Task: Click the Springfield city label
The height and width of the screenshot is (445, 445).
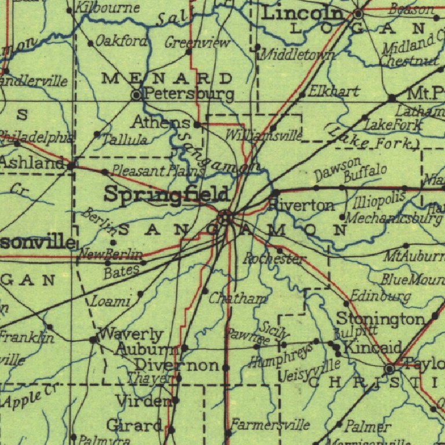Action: (x=166, y=195)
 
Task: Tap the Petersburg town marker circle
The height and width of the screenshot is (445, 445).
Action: (x=136, y=94)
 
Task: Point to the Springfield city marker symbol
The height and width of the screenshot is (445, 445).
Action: (x=226, y=217)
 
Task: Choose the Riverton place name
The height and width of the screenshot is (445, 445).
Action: (x=302, y=206)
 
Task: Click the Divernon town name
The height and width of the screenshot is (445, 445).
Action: (x=177, y=366)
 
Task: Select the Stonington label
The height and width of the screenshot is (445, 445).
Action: (x=381, y=319)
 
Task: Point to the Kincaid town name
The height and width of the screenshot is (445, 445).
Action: (x=373, y=348)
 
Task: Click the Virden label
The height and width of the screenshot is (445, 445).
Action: (x=143, y=400)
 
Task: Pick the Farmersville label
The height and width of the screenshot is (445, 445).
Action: (x=271, y=425)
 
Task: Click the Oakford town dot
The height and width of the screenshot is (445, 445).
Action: (x=90, y=43)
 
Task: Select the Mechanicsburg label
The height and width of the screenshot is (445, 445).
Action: (x=393, y=218)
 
